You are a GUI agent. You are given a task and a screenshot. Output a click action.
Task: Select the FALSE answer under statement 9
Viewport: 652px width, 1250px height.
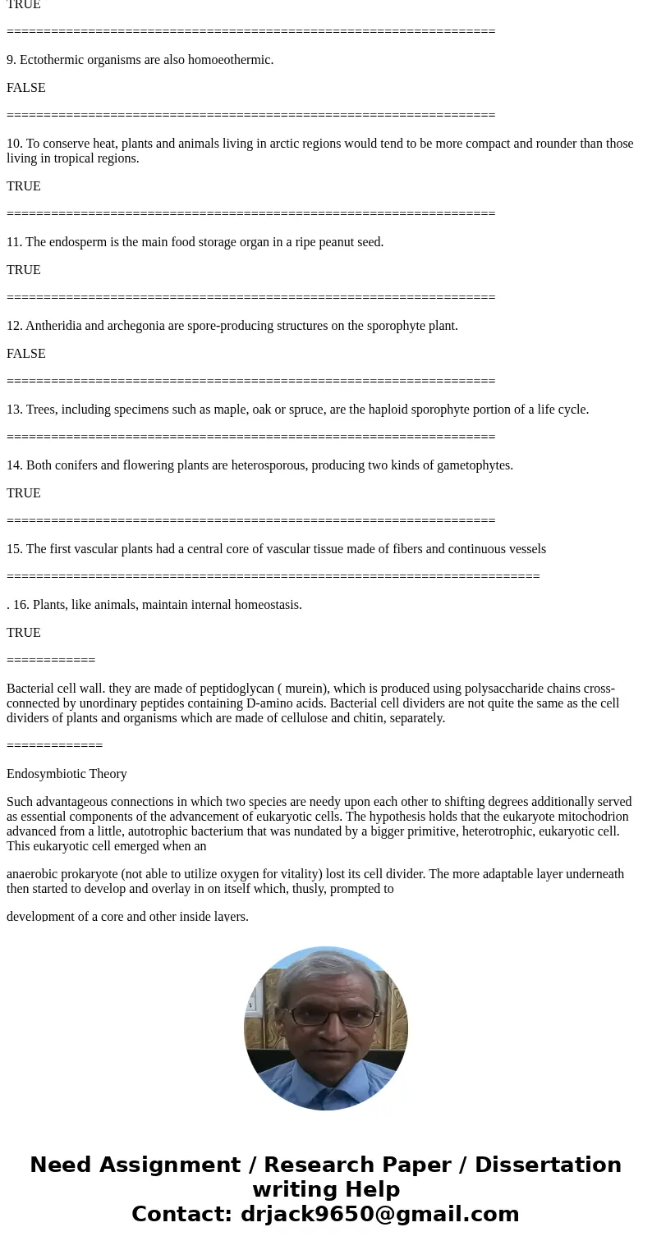[26, 88]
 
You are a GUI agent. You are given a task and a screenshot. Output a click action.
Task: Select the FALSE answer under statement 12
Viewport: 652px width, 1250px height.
[26, 354]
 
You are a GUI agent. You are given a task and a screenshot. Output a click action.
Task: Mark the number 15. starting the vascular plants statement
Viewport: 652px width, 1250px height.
[15, 549]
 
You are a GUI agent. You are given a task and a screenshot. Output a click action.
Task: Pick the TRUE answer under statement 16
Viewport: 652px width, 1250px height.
[24, 633]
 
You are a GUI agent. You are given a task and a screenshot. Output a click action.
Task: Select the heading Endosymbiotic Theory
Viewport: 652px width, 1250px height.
[67, 774]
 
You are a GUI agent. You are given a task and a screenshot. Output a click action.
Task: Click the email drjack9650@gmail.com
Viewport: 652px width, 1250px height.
[379, 1214]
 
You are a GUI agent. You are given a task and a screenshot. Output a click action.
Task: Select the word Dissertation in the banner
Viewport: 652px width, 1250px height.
[548, 1165]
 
